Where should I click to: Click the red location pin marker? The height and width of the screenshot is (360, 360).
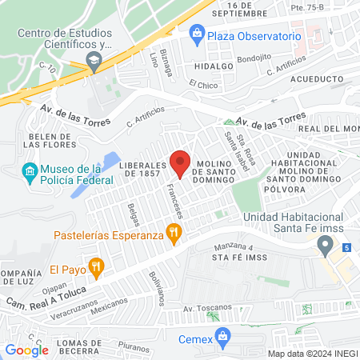point(180,163)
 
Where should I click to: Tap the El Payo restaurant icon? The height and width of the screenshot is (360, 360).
point(95,268)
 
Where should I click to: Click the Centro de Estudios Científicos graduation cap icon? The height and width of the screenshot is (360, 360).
point(94,60)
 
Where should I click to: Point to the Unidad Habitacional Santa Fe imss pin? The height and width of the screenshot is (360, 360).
point(325,245)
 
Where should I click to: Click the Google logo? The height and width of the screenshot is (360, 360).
point(26,350)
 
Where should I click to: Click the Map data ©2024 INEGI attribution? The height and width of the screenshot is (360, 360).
point(311,354)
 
